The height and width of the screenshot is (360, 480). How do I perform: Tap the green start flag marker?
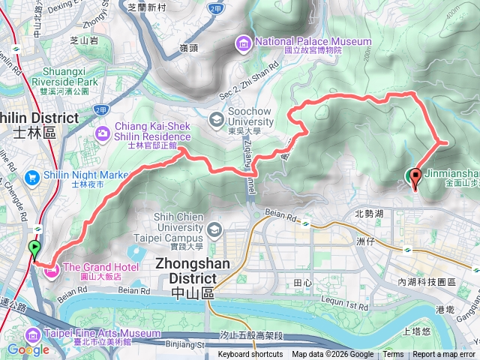click(34, 248)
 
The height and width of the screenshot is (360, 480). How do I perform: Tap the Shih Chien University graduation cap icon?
click(215, 228)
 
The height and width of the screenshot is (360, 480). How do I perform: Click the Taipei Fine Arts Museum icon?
click(33, 334)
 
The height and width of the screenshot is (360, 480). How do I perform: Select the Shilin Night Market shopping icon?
click(33, 178)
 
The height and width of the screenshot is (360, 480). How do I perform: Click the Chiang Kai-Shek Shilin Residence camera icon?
click(102, 133)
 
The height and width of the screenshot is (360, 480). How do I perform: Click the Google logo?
click(28, 349)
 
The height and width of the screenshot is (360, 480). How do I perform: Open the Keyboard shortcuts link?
click(250, 355)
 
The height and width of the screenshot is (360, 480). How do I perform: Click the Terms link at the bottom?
click(393, 355)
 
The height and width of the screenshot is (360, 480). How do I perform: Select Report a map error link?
click(444, 355)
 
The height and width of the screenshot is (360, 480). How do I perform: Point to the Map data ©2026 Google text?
click(332, 355)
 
